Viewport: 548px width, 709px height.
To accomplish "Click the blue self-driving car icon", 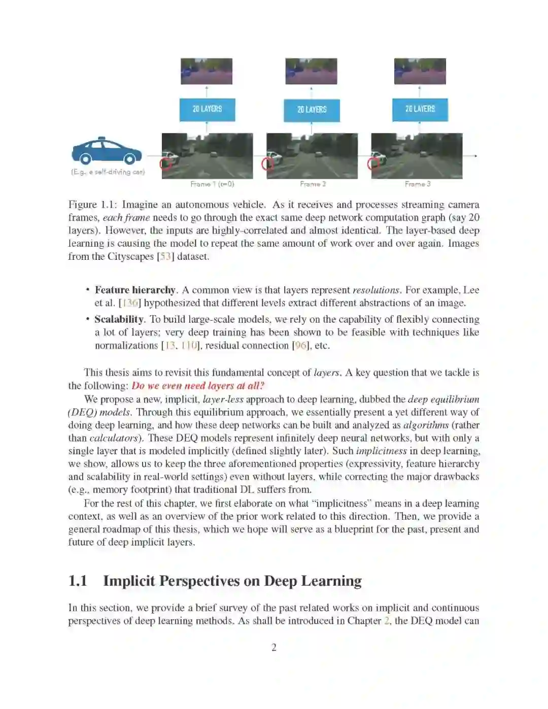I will pyautogui.click(x=107, y=151).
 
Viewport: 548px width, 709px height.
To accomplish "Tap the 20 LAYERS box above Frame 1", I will pyautogui.click(x=207, y=109).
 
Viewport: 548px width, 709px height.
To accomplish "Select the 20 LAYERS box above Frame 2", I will pyautogui.click(x=312, y=110).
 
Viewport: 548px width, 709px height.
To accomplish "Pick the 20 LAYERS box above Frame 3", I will pyautogui.click(x=420, y=109).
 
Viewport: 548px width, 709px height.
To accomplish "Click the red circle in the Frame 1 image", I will pyautogui.click(x=165, y=163).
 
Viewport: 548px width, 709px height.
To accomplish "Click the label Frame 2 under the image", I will pyautogui.click(x=313, y=184).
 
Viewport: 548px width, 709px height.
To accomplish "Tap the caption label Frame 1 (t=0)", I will pyautogui.click(x=212, y=184).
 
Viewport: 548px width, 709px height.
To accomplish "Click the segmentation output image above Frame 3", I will pyautogui.click(x=420, y=71).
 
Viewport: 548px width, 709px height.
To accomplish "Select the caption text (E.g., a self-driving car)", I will pyautogui.click(x=108, y=172).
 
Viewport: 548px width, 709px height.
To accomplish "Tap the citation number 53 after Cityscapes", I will pyautogui.click(x=165, y=256).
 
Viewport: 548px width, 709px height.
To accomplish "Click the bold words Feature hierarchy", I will pyautogui.click(x=135, y=290).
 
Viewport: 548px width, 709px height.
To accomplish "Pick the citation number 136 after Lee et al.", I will pyautogui.click(x=131, y=303).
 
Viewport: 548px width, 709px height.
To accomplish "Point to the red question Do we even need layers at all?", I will pyautogui.click(x=198, y=386).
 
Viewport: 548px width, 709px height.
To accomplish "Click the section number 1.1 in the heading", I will pyautogui.click(x=78, y=581).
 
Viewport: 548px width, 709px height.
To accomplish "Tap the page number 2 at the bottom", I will pyautogui.click(x=274, y=647).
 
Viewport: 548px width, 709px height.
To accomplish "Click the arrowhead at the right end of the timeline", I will pyautogui.click(x=475, y=156).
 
